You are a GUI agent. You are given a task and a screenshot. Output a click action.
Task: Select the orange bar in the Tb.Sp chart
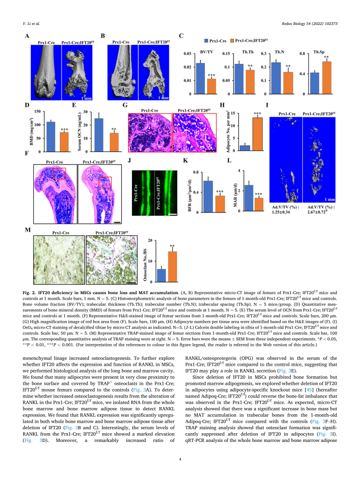point(326,78)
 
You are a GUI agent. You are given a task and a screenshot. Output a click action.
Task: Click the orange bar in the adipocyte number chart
point(258,134)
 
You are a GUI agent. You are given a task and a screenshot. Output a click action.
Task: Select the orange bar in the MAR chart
point(259,205)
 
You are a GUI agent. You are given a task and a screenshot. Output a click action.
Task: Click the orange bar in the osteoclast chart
point(173,267)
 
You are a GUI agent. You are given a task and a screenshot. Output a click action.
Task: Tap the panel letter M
point(28,231)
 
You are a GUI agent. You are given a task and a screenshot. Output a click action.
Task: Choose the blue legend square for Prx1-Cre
point(206,40)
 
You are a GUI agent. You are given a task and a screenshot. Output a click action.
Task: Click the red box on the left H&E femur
point(59,173)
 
